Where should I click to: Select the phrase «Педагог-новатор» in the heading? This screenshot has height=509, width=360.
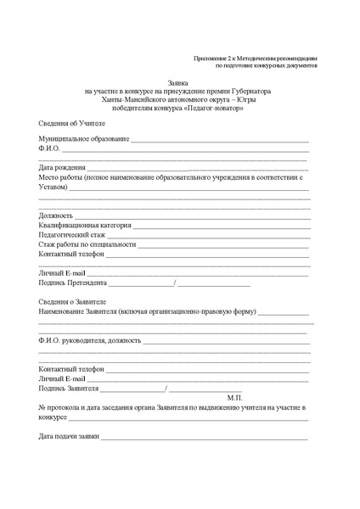tap(203, 108)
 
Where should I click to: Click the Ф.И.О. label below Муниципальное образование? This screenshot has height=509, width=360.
tap(49, 149)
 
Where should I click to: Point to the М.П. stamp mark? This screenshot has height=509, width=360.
tap(235, 398)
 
